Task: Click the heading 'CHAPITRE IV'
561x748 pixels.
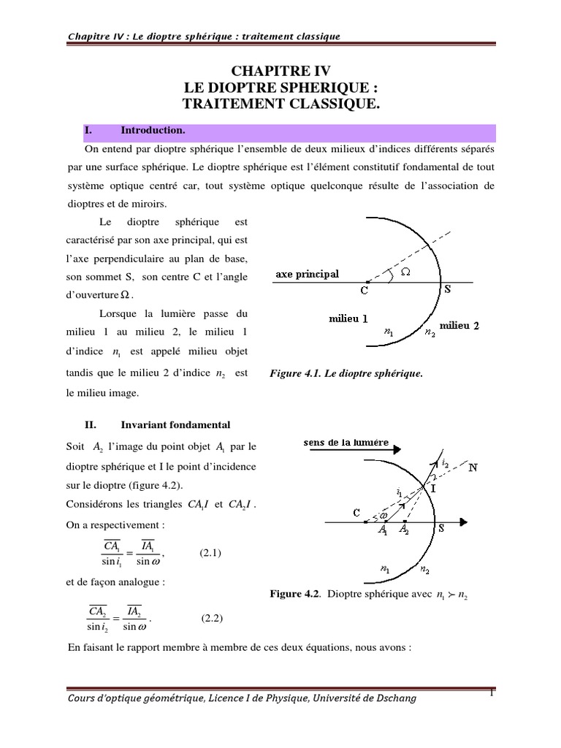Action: click(x=280, y=71)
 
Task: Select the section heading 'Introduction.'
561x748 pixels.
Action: click(x=154, y=131)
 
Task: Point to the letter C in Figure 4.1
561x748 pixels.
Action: click(x=362, y=290)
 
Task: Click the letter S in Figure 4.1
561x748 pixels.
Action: click(x=447, y=289)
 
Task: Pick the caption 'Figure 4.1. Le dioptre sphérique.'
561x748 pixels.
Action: click(x=346, y=374)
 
